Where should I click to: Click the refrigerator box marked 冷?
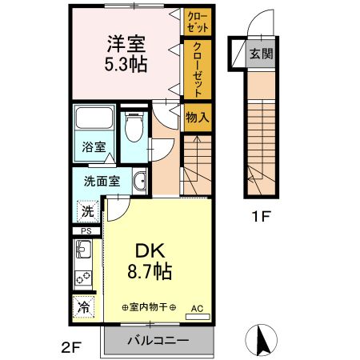84,306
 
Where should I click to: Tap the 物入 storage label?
198,118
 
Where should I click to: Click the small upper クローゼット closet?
197,21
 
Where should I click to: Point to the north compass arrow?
261,341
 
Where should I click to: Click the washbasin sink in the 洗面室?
139,181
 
